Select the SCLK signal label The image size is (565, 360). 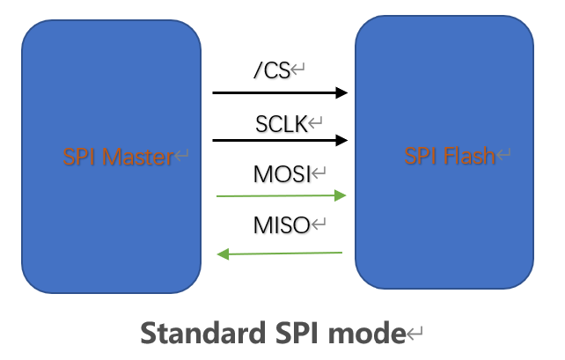pyautogui.click(x=281, y=124)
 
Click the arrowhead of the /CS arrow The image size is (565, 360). pyautogui.click(x=342, y=92)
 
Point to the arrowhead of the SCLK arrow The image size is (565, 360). pyautogui.click(x=342, y=139)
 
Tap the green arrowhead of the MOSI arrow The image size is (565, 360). pyautogui.click(x=342, y=196)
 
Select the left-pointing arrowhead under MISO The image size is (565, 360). pyautogui.click(x=224, y=255)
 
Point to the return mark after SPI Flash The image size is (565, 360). pyautogui.click(x=503, y=158)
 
